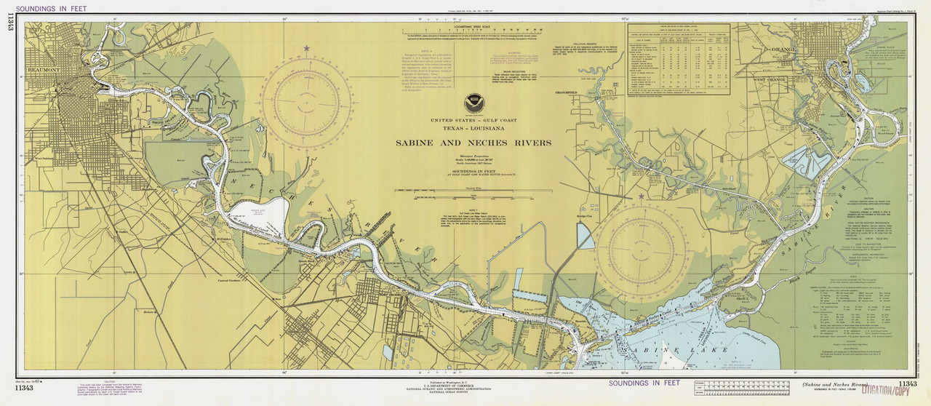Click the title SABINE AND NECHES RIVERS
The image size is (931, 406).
[473, 143]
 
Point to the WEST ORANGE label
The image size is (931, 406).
[770, 79]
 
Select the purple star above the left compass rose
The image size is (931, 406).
[306, 49]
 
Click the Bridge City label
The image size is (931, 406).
[585, 216]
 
